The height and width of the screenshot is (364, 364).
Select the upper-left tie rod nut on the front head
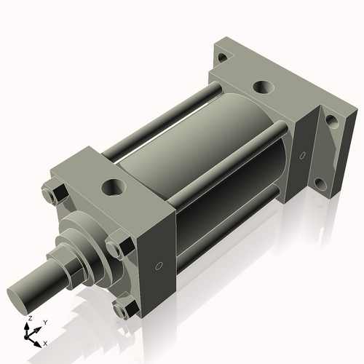click(53, 195)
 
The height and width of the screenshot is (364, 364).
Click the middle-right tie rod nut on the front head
click(115, 248)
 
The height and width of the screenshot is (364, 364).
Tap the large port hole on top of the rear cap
click(263, 89)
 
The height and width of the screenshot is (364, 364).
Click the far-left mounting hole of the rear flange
click(222, 56)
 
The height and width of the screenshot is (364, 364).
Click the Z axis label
click(29, 319)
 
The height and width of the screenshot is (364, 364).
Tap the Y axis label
click(44, 322)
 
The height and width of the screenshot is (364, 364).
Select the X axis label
click(46, 342)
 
